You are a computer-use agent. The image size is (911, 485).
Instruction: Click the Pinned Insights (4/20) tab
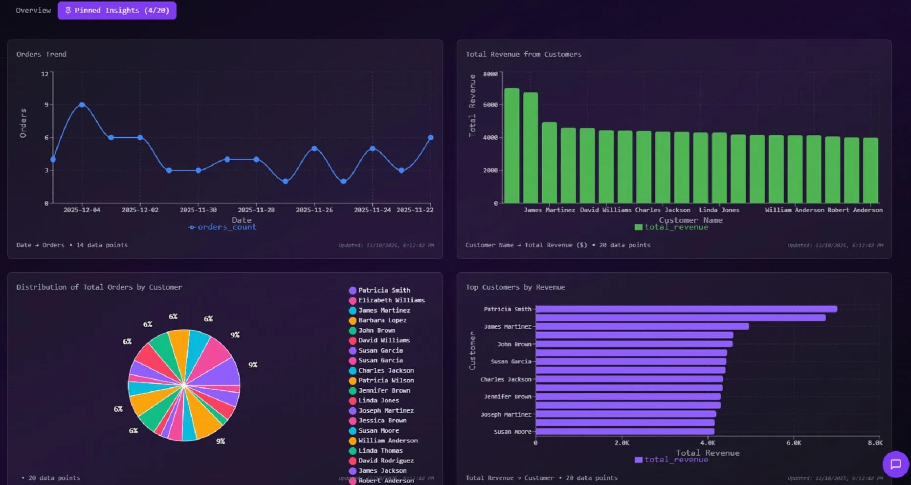pos(117,10)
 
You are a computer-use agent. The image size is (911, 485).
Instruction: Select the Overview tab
pos(33,10)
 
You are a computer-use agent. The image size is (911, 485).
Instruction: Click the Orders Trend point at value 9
pos(82,105)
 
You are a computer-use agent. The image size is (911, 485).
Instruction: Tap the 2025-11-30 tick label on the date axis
pos(198,210)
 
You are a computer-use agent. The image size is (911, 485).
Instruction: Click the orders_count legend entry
pos(222,227)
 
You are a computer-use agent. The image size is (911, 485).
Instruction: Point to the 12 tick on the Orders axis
pos(44,74)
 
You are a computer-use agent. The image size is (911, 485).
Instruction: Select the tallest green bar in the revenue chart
pos(511,146)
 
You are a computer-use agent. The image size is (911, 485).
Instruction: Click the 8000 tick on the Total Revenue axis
pos(490,74)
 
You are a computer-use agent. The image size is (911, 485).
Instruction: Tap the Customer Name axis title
pos(690,220)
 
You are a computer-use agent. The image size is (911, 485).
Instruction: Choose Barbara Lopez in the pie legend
pos(382,320)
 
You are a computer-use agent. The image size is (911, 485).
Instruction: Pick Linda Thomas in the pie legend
pos(380,451)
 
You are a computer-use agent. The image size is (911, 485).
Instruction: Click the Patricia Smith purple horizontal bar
pos(686,309)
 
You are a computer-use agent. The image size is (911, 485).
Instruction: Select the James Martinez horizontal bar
pos(642,326)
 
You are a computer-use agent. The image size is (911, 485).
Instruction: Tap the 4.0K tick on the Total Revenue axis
pos(707,443)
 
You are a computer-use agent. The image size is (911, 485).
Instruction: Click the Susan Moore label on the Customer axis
pos(512,432)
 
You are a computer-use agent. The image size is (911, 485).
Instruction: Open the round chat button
pos(895,464)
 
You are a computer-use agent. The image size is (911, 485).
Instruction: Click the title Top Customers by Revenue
pos(515,287)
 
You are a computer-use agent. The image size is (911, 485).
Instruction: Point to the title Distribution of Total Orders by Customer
pos(99,287)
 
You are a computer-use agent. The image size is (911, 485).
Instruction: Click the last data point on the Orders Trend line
pos(430,138)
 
